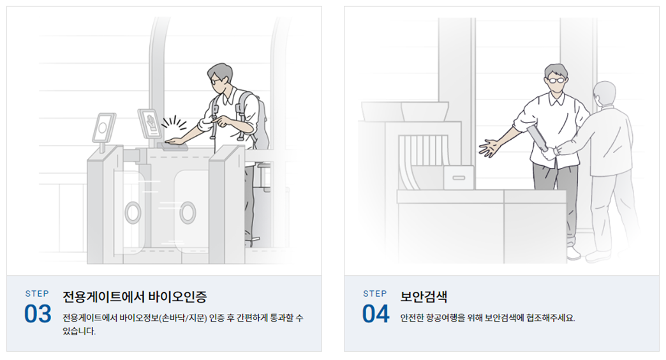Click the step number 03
38,313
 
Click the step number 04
375,313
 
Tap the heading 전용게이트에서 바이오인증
135,297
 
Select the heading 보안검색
424,297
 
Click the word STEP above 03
37,294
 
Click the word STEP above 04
375,294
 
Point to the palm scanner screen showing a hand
150,124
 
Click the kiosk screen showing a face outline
103,128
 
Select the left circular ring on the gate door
133,212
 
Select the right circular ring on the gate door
188,212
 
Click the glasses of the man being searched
556,80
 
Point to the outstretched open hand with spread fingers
490,147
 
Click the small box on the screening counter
458,177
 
